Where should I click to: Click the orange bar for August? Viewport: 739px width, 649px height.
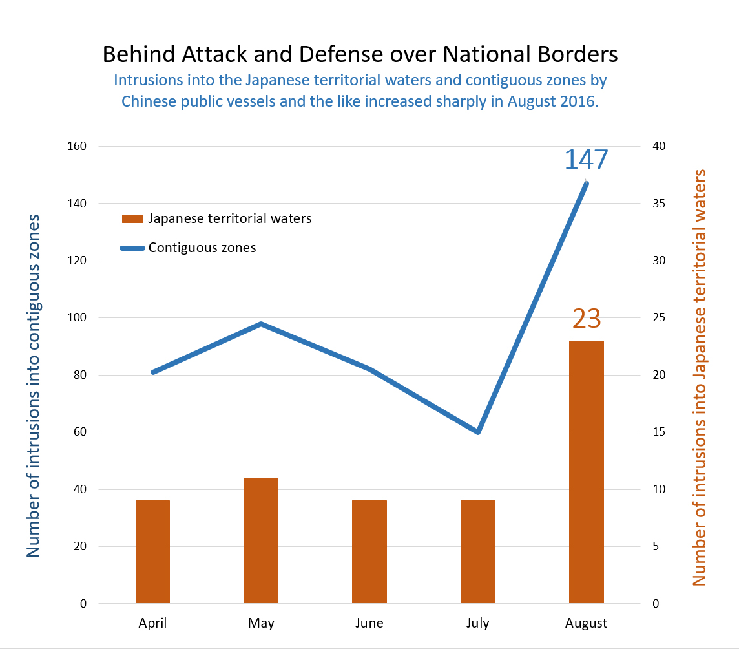(586, 472)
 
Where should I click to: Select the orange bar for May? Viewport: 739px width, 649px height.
(261, 540)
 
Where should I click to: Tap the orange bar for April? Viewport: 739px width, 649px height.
(152, 551)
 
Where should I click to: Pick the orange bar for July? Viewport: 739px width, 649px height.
(478, 551)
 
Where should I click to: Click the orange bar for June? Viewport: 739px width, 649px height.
(369, 551)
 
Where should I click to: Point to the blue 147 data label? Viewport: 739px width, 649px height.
(586, 160)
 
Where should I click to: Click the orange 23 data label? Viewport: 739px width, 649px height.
(586, 319)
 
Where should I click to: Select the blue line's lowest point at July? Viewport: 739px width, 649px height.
(478, 432)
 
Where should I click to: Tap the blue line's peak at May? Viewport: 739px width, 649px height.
(261, 324)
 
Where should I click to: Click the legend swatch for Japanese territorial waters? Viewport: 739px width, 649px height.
(133, 218)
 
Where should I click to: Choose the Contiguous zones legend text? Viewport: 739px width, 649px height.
(202, 248)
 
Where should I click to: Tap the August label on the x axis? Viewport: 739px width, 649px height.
(586, 624)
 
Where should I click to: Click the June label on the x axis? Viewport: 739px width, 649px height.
(369, 624)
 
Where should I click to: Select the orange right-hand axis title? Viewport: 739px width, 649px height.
(700, 378)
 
